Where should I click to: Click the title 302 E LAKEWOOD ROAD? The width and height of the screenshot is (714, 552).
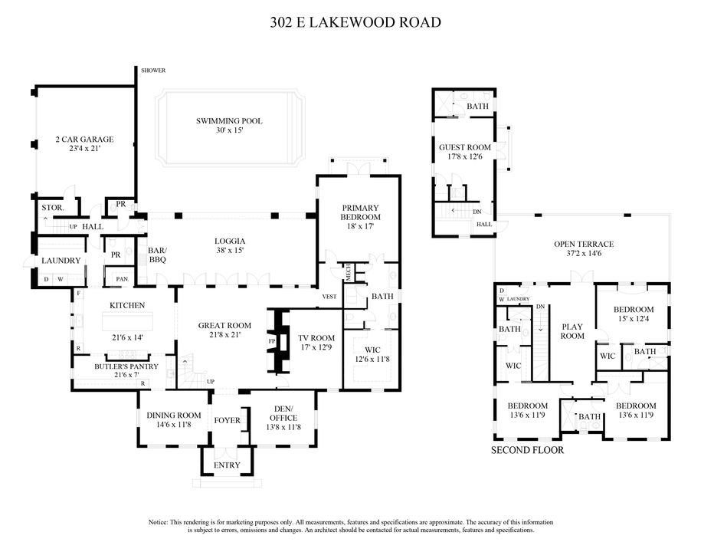pyautogui.click(x=355, y=22)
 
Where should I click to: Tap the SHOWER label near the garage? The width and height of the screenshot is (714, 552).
pyautogui.click(x=153, y=71)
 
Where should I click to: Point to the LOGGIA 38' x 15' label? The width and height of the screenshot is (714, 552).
pyautogui.click(x=230, y=245)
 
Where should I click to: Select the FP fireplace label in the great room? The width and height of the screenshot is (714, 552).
pyautogui.click(x=271, y=340)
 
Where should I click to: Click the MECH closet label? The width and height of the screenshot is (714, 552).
pyautogui.click(x=347, y=271)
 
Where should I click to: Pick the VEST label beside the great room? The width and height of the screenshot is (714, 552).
pyautogui.click(x=329, y=296)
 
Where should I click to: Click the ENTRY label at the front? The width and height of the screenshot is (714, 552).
pyautogui.click(x=227, y=465)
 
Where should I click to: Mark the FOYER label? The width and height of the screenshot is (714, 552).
pyautogui.click(x=227, y=420)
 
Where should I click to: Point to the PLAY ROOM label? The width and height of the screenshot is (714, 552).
pyautogui.click(x=572, y=330)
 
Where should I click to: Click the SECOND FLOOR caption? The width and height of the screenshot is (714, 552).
pyautogui.click(x=527, y=450)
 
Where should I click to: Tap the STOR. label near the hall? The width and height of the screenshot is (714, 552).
pyautogui.click(x=52, y=208)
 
